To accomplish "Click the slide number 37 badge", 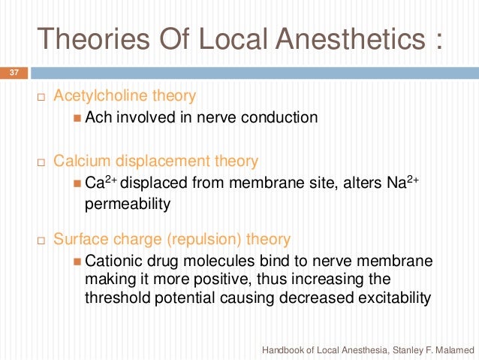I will (14, 73).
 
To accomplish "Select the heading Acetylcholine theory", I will (124, 96).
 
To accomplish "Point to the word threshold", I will (116, 296).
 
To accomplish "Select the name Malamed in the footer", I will (447, 349).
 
